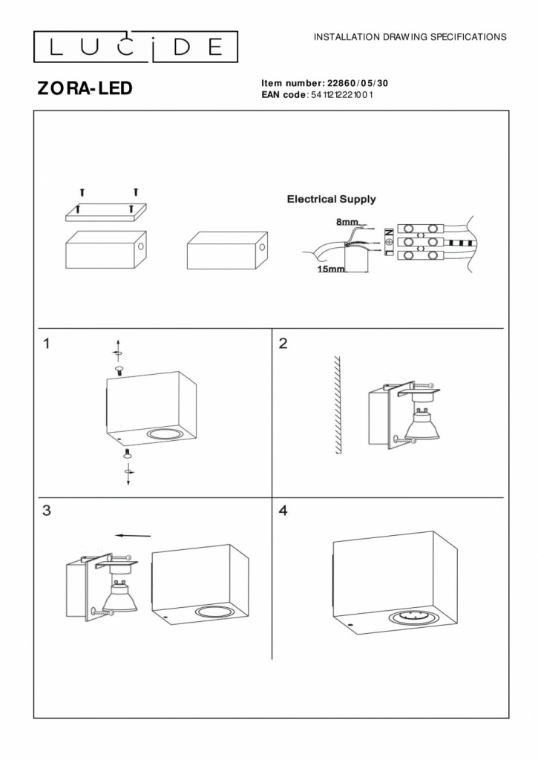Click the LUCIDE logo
135,47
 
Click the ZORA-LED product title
85,88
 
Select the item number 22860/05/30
356,83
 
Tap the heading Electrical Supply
331,199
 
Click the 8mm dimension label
347,222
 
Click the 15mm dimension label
331,269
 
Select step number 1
47,344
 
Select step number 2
282,344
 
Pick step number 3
47,511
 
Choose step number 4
282,511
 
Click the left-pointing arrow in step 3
133,534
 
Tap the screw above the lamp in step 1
119,369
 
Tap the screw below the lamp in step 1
127,453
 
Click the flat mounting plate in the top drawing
106,212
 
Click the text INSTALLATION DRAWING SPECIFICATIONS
410,36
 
